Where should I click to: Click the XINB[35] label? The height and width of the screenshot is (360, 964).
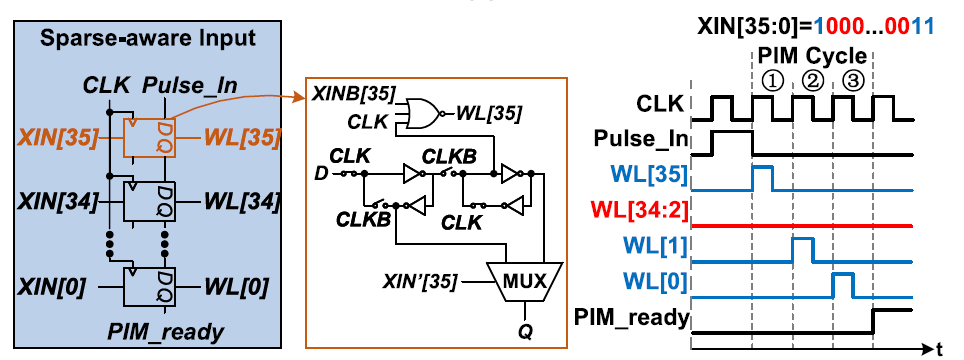352,92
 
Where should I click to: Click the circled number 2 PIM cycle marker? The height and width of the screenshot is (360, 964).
812,81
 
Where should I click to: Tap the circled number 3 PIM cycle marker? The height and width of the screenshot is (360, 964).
852,81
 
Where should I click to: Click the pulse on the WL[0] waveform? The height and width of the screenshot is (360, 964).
843,284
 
